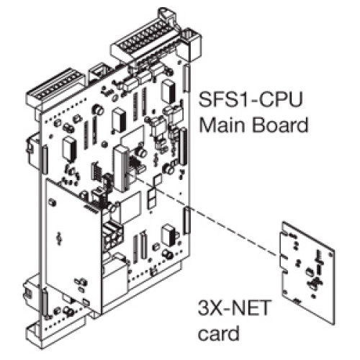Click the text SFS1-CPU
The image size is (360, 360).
[250, 99]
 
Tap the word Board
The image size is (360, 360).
[279, 125]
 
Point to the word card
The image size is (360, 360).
[219, 333]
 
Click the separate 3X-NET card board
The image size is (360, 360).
[307, 272]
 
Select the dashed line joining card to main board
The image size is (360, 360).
[206, 215]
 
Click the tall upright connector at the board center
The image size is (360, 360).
[121, 168]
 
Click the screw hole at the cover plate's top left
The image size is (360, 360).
[51, 202]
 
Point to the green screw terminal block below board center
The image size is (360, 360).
[113, 235]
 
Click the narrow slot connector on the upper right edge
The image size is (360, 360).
[186, 77]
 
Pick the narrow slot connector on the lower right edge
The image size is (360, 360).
[186, 220]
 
